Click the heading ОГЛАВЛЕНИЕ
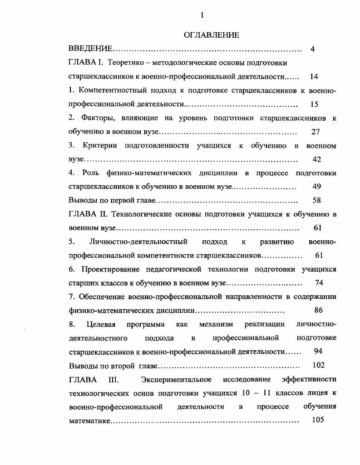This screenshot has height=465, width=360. pyautogui.click(x=212, y=35)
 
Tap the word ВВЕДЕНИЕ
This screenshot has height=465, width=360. pyautogui.click(x=90, y=49)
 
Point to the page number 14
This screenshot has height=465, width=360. pyautogui.click(x=314, y=76)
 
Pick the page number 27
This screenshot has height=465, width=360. pyautogui.click(x=316, y=132)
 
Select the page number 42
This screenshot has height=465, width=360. pyautogui.click(x=317, y=159)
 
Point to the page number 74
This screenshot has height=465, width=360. pyautogui.click(x=319, y=282)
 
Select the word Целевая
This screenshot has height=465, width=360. pyautogui.click(x=101, y=324)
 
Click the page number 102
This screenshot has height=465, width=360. pyautogui.click(x=319, y=365)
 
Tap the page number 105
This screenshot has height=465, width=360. pyautogui.click(x=318, y=420)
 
